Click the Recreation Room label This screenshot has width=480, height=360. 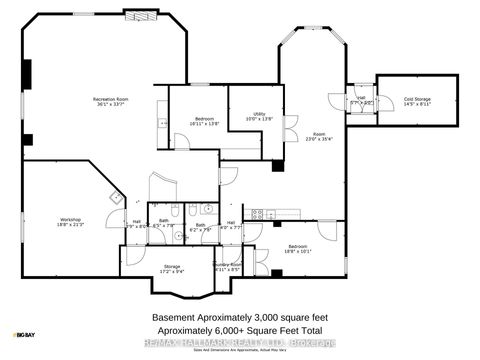click(110, 100)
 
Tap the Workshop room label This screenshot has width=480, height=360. click(70, 222)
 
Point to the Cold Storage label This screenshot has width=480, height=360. click(417, 101)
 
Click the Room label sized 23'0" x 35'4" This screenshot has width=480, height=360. click(319, 137)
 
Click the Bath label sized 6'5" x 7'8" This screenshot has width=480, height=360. click(163, 223)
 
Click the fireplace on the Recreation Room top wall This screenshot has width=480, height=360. click(139, 16)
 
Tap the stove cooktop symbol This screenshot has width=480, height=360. click(257, 213)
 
